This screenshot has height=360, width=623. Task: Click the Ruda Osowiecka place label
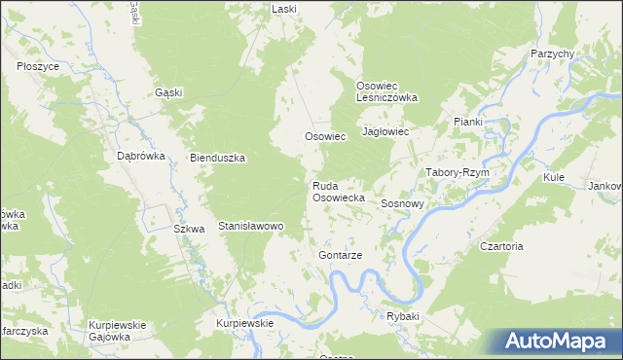pos(338,191)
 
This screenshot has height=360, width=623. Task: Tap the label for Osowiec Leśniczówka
pos(386,91)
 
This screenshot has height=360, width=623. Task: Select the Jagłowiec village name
pos(385,130)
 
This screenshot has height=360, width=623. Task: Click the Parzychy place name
pos(552,54)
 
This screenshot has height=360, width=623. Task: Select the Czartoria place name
pos(501,246)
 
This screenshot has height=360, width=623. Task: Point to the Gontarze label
pos(341,255)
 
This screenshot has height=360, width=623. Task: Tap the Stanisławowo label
pos(250,226)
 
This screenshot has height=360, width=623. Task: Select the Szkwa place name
pos(188,230)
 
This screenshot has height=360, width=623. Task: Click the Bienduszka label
pos(217,158)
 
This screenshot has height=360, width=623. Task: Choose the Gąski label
pos(169,92)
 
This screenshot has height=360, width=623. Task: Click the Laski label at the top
pos(284,8)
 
